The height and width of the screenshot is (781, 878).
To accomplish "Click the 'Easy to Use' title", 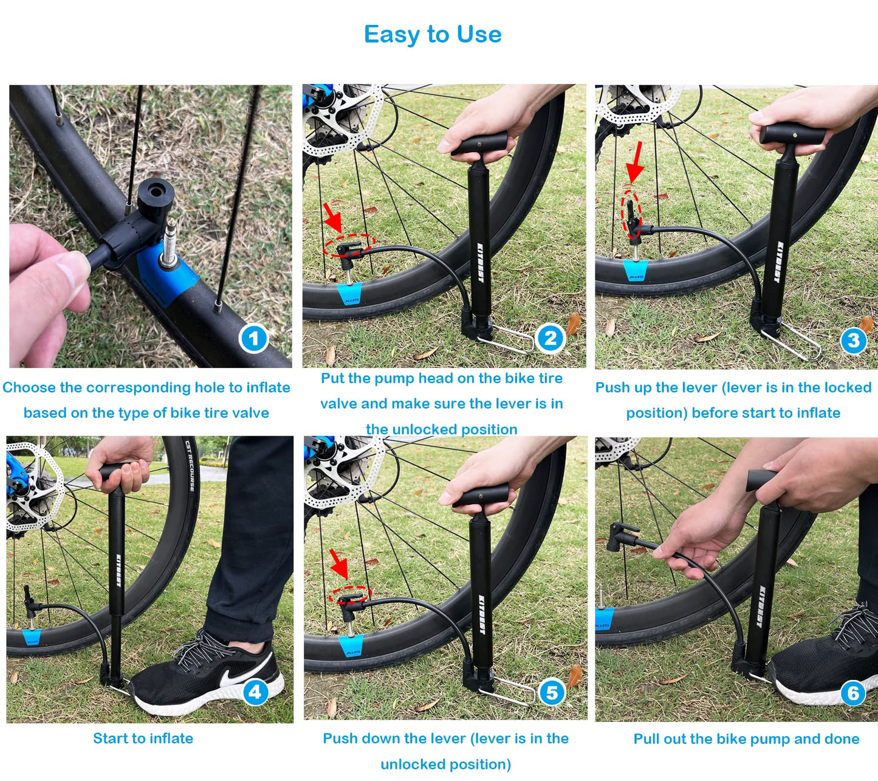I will tap(433, 35).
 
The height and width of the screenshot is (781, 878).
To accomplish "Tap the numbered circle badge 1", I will tap(253, 339).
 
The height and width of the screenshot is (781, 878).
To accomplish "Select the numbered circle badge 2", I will tap(550, 338).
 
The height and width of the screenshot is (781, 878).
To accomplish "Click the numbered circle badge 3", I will tap(853, 341).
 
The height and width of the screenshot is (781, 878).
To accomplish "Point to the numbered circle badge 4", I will tap(255, 692).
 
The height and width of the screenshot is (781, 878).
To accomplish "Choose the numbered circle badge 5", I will tap(552, 692).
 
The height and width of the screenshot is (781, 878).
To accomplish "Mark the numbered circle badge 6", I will tap(853, 693).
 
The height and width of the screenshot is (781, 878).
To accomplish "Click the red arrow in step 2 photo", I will tap(332, 218).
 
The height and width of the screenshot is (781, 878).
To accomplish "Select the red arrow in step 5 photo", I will tap(338, 564).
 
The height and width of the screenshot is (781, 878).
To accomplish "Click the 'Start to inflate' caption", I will tap(143, 738).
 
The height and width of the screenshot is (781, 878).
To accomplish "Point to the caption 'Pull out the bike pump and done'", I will tap(746, 739).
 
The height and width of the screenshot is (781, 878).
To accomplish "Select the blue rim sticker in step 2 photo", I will tap(351, 294).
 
